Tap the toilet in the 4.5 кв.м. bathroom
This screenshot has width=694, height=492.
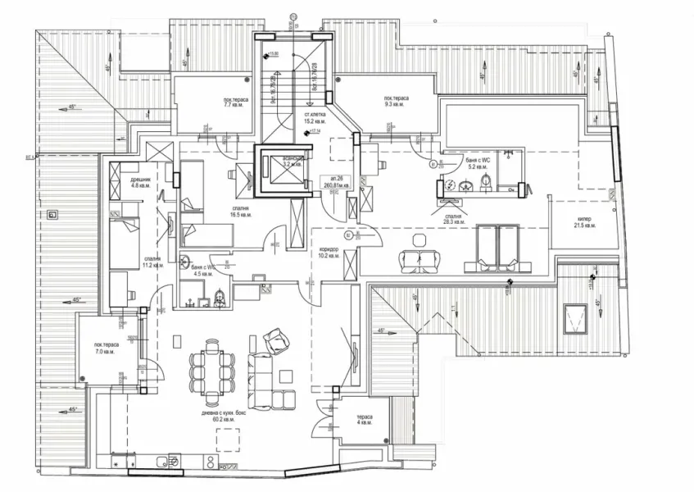tap(218, 300)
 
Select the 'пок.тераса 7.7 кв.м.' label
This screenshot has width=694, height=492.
tap(237, 102)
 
